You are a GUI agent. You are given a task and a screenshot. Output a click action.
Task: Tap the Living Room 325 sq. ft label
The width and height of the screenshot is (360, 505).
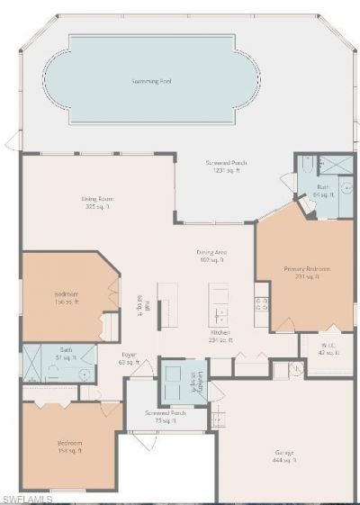[x=97, y=203]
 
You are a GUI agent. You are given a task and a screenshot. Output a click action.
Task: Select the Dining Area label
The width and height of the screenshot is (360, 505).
[x=211, y=256]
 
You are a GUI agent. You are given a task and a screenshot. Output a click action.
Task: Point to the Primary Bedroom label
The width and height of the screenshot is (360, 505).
[x=307, y=273]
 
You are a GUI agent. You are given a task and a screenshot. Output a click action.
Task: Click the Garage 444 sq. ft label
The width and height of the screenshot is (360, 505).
[x=285, y=456]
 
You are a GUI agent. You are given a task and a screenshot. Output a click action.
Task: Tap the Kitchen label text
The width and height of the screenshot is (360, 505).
[x=220, y=337]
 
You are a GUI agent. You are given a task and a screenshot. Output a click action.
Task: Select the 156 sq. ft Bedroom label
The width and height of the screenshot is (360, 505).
[x=65, y=297]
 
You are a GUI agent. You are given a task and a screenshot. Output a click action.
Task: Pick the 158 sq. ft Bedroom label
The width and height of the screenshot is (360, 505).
[x=69, y=447]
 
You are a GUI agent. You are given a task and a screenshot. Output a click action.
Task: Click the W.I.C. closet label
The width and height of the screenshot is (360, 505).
[x=327, y=350]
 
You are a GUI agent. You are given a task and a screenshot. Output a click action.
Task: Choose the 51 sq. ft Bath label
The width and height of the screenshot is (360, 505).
[x=66, y=354]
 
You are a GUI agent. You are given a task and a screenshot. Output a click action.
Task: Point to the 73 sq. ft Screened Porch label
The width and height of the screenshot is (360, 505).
[x=166, y=416]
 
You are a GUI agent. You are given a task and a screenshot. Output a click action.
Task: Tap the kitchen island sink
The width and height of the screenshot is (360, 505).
[x=220, y=313]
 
